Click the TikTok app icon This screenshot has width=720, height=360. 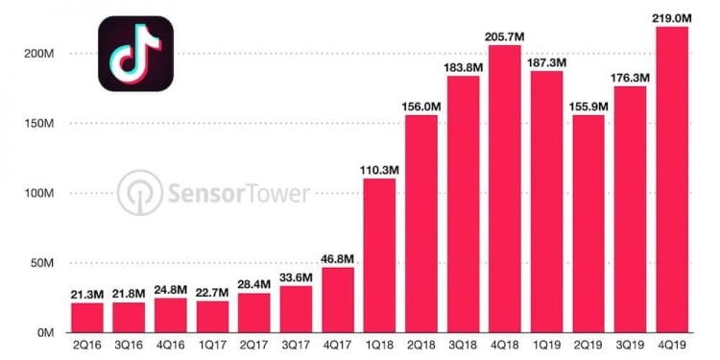click(135, 54)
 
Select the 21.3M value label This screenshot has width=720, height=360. click(86, 292)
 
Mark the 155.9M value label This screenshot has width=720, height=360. click(589, 104)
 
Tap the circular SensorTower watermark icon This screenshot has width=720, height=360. click(140, 192)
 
